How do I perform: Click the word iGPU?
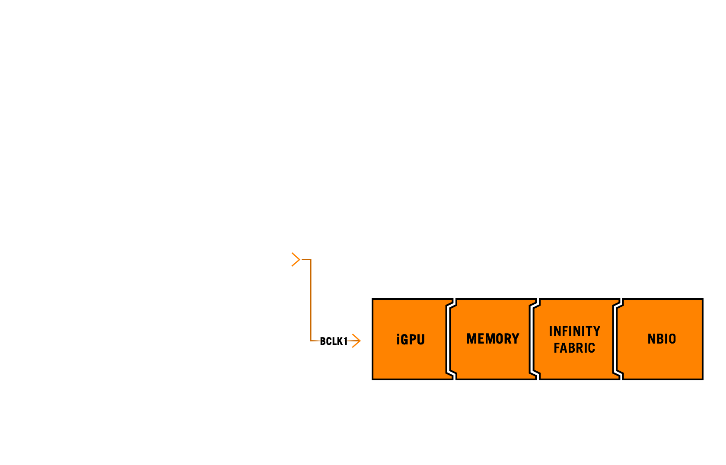(411, 339)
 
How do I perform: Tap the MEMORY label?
(493, 339)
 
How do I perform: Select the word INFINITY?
(574, 331)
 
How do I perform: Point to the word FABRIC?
(574, 348)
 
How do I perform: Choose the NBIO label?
(662, 339)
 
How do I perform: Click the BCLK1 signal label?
(334, 341)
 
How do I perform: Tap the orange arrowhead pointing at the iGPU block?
(357, 341)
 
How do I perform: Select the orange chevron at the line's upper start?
(296, 259)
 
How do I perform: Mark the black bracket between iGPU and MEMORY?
(449, 339)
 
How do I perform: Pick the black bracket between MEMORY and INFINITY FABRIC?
(533, 339)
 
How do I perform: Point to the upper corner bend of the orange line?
(311, 260)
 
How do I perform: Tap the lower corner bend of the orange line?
(311, 341)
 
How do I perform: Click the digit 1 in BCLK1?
(346, 341)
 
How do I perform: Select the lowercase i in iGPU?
(398, 339)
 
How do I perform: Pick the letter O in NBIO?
(672, 339)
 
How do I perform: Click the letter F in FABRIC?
(557, 348)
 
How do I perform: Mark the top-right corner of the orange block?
(702, 299)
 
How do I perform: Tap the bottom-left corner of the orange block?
(373, 379)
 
